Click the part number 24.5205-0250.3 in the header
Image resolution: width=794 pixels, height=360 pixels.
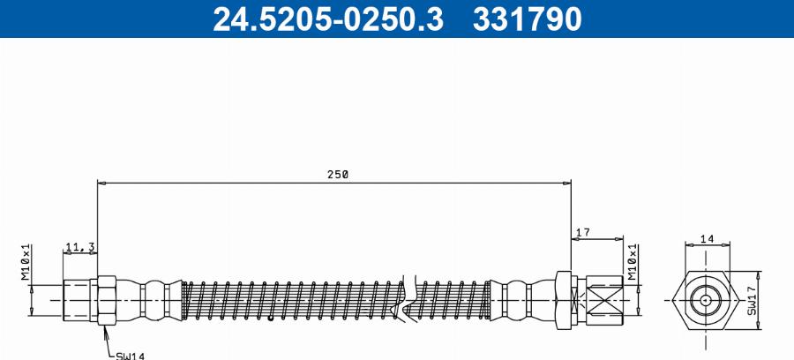click(328, 19)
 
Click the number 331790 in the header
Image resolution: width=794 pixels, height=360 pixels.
click(528, 19)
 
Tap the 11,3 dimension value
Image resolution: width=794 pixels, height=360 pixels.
click(79, 247)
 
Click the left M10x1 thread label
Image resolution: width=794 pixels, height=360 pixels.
click(26, 263)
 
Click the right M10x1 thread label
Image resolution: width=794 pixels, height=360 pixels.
click(632, 263)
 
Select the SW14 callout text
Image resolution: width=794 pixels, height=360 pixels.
click(130, 355)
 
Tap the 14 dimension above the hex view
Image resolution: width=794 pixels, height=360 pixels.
click(706, 238)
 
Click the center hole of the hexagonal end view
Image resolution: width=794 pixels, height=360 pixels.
click(706, 299)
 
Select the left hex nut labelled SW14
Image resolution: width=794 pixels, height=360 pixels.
click(106, 300)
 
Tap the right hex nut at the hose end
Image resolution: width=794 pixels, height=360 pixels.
click(565, 299)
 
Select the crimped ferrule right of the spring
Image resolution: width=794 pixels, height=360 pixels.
click(521, 299)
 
